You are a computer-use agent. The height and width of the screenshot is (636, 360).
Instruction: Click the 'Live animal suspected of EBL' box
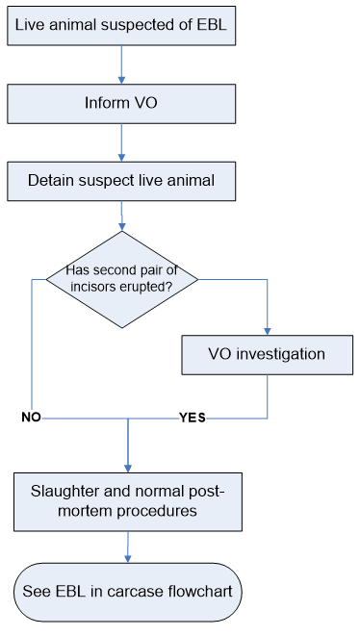point(121,26)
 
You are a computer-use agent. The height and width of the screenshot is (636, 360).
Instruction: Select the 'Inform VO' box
point(121,103)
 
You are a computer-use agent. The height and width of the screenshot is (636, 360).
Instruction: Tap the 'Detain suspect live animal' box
point(121,180)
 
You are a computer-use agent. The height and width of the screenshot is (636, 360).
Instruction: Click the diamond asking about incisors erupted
point(122,279)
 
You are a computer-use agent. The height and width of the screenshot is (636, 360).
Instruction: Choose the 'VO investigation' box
point(267,354)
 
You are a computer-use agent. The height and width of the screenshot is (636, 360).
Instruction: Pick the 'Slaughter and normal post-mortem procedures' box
point(127,501)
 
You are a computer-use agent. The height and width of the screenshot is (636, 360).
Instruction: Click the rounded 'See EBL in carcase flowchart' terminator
point(128,589)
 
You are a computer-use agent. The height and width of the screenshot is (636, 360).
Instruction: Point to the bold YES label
point(192,418)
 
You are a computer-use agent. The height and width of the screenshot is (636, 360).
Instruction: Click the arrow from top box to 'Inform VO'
point(121,64)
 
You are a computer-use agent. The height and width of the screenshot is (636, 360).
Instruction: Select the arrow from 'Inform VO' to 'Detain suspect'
point(121,141)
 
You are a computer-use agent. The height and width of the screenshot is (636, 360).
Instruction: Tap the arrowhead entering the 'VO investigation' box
point(267,329)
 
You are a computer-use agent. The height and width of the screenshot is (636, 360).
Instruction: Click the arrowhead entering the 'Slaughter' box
point(128,466)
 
